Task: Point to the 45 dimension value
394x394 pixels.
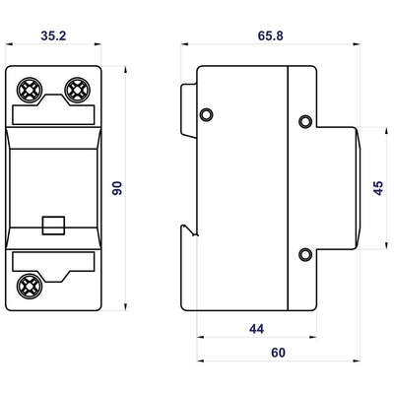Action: [x=378, y=189]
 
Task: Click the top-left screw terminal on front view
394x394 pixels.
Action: [x=29, y=91]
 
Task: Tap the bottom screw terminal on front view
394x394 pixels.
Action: [x=29, y=288]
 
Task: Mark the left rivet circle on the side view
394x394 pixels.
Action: [x=207, y=115]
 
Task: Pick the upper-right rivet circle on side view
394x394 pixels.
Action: [x=305, y=122]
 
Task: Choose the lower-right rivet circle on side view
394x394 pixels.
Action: [x=305, y=255]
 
